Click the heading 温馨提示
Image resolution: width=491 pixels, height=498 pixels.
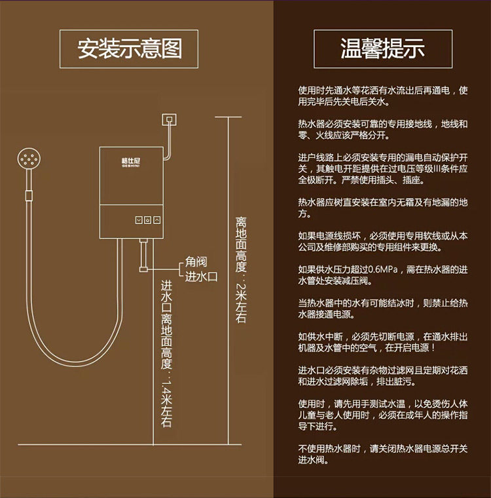(382, 48)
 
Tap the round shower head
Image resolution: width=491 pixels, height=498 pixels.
(28, 159)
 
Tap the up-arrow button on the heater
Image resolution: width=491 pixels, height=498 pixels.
(157, 220)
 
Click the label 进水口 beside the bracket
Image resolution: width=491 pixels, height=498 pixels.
(201, 276)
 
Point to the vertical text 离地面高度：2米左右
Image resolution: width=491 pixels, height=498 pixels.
(241, 269)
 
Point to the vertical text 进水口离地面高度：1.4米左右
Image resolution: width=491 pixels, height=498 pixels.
(166, 354)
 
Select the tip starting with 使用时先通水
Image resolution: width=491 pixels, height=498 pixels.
(383, 96)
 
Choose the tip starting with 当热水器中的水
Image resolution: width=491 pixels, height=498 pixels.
(383, 309)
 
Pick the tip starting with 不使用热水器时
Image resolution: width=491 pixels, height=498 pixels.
(383, 454)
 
